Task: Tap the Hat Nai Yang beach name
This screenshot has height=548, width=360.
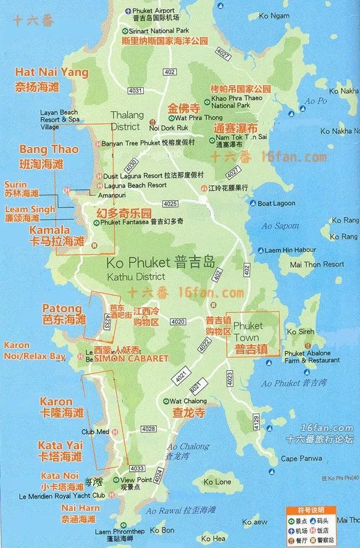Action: (x=52, y=72)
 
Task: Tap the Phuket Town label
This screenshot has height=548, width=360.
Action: (x=248, y=331)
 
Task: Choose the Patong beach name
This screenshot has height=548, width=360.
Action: (x=62, y=308)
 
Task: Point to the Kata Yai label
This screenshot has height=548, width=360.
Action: (x=60, y=445)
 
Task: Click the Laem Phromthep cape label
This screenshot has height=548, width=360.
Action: (x=120, y=531)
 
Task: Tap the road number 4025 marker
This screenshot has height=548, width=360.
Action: (x=170, y=204)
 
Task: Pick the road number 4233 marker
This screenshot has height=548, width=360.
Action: (x=107, y=320)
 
